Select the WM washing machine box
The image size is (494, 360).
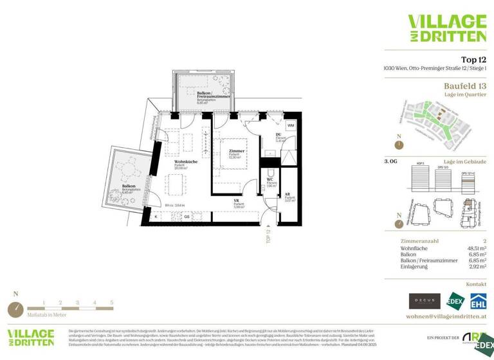(x=291, y=125)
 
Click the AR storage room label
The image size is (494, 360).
(x=288, y=194)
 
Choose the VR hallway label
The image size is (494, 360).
(x=237, y=201)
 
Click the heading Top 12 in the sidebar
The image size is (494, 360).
(x=473, y=59)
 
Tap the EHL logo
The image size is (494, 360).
(x=478, y=301)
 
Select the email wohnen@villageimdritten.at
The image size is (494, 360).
(x=446, y=317)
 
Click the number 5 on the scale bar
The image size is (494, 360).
(x=111, y=301)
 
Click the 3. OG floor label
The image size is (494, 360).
(x=390, y=162)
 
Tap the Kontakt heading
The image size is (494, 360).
(x=476, y=283)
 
